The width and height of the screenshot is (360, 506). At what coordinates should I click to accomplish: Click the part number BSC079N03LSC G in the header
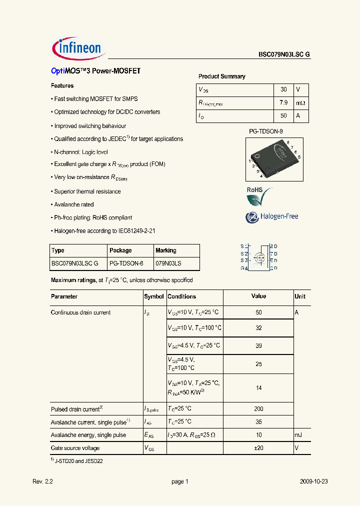tap(284, 55)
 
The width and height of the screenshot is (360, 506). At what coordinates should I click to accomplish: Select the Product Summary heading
tap(221, 76)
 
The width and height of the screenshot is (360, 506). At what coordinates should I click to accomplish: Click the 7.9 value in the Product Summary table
tap(283, 102)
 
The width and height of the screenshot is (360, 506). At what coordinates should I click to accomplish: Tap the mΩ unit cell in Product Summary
tap(300, 102)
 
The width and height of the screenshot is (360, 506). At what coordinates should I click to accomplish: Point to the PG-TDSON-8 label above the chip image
tap(266, 131)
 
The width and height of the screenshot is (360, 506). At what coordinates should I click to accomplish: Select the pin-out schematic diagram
tap(258, 257)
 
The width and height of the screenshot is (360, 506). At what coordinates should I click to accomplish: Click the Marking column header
tap(166, 250)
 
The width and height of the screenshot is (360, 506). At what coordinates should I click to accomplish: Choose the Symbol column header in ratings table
tap(154, 296)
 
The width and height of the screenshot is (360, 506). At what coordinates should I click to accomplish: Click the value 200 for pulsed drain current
tap(258, 409)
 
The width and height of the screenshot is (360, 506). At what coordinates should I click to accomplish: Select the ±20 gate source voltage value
tap(258, 448)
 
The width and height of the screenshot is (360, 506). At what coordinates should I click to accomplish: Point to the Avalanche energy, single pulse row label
tap(88, 435)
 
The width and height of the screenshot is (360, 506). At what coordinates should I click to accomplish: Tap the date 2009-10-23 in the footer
tap(313, 481)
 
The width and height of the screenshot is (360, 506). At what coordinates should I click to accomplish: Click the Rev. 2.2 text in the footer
tap(42, 481)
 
